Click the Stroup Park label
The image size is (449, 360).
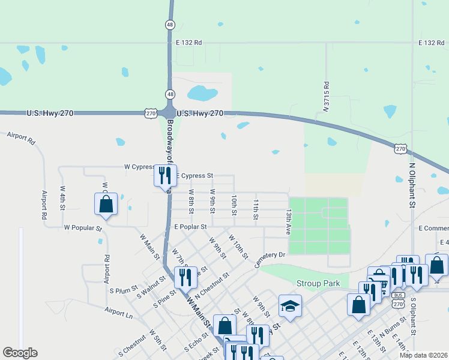tap(318, 283)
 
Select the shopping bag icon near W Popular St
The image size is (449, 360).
tap(106, 203)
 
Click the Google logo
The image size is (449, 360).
tap(20, 353)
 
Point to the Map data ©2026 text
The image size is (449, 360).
tap(423, 355)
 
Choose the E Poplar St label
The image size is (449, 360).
tap(190, 227)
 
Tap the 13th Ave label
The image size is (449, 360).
tap(289, 222)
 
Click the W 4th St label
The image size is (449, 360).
tap(62, 197)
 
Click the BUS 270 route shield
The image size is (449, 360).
tap(397, 300)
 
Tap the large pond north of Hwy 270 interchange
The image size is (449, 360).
tap(202, 93)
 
